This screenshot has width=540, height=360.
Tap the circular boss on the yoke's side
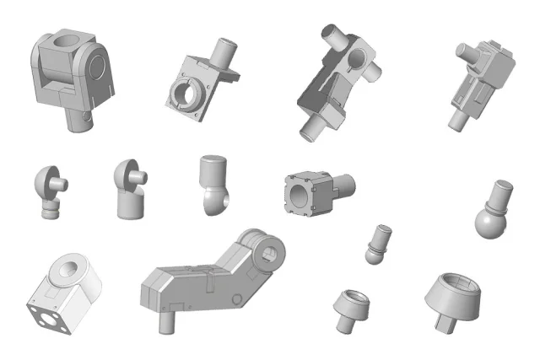98,66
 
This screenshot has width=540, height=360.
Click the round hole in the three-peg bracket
359,58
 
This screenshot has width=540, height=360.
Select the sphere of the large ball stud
489,222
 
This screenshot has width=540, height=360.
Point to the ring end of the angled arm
270,253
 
